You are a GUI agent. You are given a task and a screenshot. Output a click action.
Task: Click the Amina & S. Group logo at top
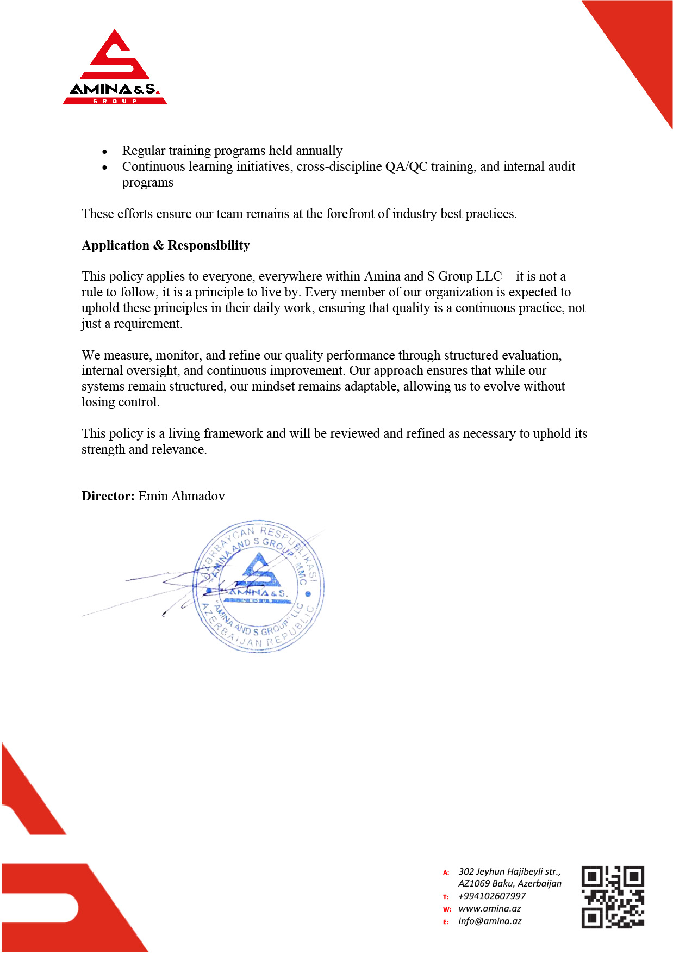click(x=115, y=68)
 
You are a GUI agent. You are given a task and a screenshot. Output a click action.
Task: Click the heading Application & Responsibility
click(x=166, y=245)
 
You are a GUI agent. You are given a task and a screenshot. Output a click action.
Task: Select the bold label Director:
click(x=108, y=496)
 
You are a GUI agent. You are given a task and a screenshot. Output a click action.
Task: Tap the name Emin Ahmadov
click(x=182, y=496)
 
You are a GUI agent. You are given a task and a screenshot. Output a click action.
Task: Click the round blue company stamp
click(x=259, y=586)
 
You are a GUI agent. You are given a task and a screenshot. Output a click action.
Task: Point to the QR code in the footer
click(x=613, y=897)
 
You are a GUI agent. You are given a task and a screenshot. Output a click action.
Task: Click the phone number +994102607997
click(x=492, y=896)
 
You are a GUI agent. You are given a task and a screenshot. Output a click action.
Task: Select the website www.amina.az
click(x=489, y=908)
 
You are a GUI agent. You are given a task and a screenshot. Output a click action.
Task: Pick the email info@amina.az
click(x=490, y=921)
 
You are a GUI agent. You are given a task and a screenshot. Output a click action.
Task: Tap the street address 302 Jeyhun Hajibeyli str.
click(x=509, y=871)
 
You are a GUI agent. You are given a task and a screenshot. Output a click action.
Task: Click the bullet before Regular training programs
click(x=105, y=152)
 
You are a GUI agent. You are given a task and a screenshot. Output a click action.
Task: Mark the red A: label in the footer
click(x=446, y=872)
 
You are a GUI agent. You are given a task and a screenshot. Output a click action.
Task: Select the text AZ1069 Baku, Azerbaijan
click(x=510, y=883)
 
